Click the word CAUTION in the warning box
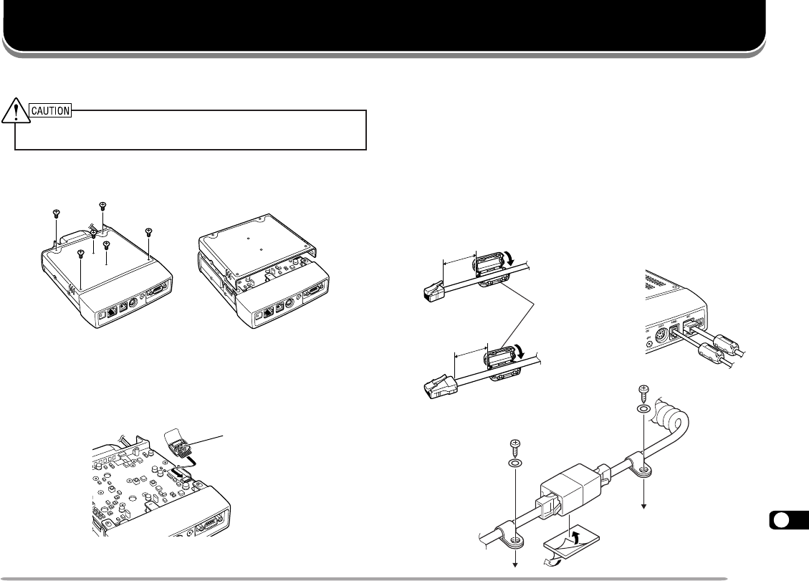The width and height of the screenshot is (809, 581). click(49, 110)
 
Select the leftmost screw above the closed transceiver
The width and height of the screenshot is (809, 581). click(56, 212)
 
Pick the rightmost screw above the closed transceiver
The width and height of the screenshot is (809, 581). click(148, 231)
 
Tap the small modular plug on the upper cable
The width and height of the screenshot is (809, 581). click(431, 292)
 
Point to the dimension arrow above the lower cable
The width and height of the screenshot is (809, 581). click(470, 352)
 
